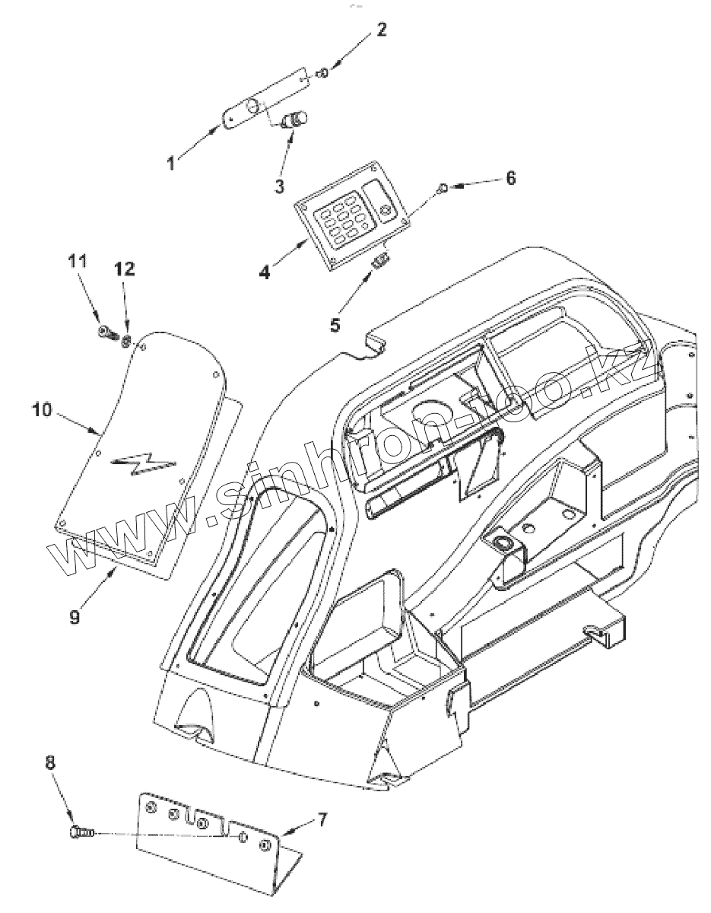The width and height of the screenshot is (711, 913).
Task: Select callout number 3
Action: (280, 184)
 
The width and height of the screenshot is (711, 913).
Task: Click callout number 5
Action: (335, 324)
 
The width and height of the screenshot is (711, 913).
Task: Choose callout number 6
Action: (510, 178)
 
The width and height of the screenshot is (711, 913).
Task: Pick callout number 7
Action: (322, 819)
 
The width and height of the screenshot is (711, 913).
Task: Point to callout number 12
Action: (123, 268)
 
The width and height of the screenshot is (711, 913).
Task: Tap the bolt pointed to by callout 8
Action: (81, 833)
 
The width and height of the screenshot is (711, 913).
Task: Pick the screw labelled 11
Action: (106, 332)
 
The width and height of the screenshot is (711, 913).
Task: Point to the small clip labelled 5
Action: (379, 262)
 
